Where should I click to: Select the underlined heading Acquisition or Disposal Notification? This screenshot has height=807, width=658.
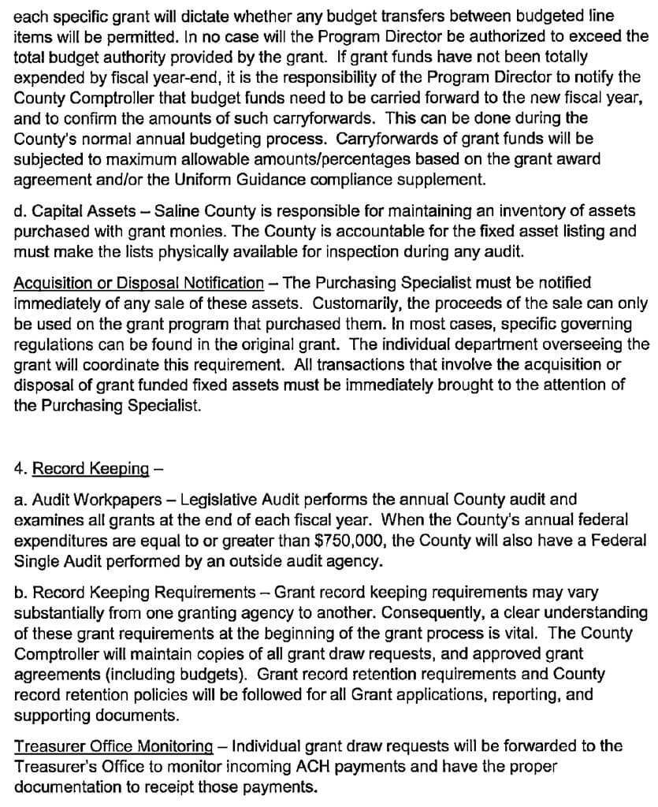(x=139, y=283)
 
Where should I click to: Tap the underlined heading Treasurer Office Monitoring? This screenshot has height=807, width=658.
(x=113, y=746)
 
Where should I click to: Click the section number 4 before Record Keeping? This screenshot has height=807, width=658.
(x=18, y=468)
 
